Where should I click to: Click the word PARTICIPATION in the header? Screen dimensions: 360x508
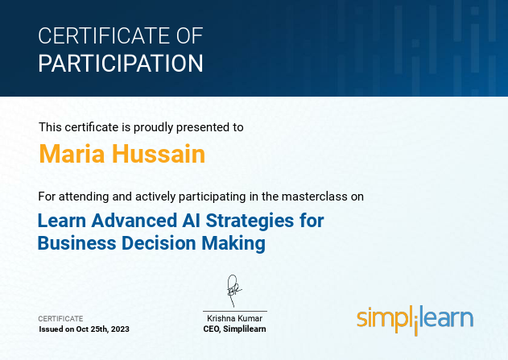(x=121, y=63)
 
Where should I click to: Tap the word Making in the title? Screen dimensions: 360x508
(x=236, y=242)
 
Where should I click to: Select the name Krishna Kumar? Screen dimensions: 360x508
(x=234, y=319)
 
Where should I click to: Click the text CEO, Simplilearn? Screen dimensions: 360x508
(x=234, y=329)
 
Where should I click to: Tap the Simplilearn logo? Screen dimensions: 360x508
(x=415, y=318)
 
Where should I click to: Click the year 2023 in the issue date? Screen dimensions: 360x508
(x=119, y=329)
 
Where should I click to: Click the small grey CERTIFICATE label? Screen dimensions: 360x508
(x=61, y=319)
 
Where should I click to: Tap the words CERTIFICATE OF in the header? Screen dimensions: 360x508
(x=121, y=36)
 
